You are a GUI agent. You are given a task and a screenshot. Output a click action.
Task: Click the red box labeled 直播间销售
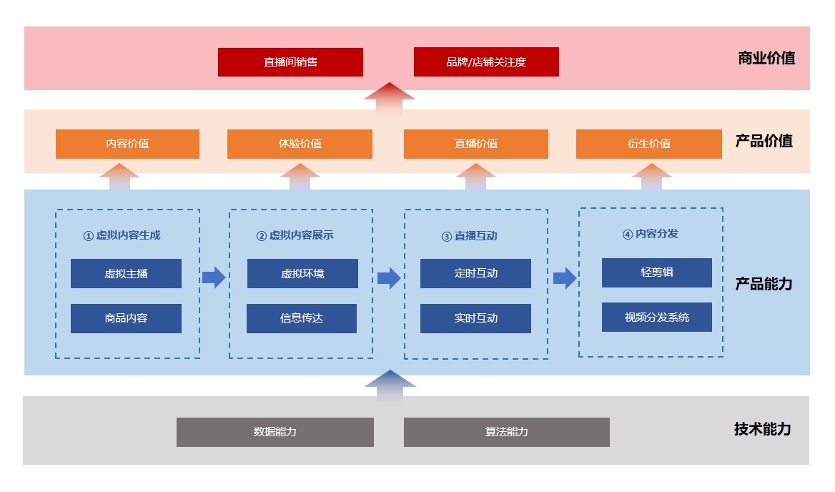pos(290,62)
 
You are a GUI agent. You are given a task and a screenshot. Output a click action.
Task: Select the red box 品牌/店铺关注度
pos(486,62)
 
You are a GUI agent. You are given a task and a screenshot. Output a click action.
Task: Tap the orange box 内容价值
pos(127,144)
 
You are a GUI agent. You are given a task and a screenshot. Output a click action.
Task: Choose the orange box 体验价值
pos(300,144)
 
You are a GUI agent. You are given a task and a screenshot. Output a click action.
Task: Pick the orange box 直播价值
pos(475,144)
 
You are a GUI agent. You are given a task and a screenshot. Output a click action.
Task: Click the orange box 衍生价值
pos(648,144)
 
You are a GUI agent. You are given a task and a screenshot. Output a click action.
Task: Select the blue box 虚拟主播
pos(126,274)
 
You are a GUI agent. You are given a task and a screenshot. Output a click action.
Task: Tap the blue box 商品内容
pos(126,318)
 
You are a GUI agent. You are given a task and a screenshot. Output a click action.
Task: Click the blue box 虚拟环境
pos(302,274)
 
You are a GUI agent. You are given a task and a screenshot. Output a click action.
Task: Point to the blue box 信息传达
pos(301,318)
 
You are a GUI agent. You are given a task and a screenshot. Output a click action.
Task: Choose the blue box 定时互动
pos(475,273)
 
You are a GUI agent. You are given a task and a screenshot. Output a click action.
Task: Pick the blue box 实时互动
pos(475,318)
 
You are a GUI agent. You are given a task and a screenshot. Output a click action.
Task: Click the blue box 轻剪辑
pos(656,272)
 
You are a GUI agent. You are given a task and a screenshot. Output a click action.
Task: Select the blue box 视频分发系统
pos(656,317)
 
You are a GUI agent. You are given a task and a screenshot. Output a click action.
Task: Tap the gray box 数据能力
pos(275,432)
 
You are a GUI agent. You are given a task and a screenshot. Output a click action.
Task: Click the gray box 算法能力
pos(506,432)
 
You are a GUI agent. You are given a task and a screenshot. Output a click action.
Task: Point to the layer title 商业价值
pos(766,59)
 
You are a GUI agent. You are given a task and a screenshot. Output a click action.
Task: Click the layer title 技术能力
pos(762,429)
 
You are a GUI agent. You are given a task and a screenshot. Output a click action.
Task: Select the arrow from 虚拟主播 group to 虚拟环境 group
pos(213,277)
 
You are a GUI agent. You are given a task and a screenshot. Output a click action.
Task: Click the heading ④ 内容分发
pos(650,234)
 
